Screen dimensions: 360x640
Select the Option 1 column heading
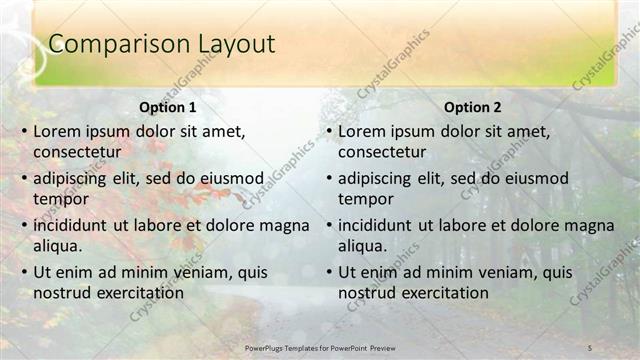point(166,107)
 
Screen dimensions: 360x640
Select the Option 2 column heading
point(472,107)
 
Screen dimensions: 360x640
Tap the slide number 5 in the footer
point(590,347)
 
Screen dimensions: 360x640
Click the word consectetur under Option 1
point(77,152)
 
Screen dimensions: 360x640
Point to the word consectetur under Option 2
point(382,152)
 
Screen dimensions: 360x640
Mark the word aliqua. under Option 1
point(58,246)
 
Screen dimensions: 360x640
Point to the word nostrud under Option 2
point(364,293)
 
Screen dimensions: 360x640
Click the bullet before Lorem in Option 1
point(23,131)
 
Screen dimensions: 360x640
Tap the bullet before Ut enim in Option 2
point(328,272)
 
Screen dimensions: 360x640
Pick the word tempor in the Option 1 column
point(58,199)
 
